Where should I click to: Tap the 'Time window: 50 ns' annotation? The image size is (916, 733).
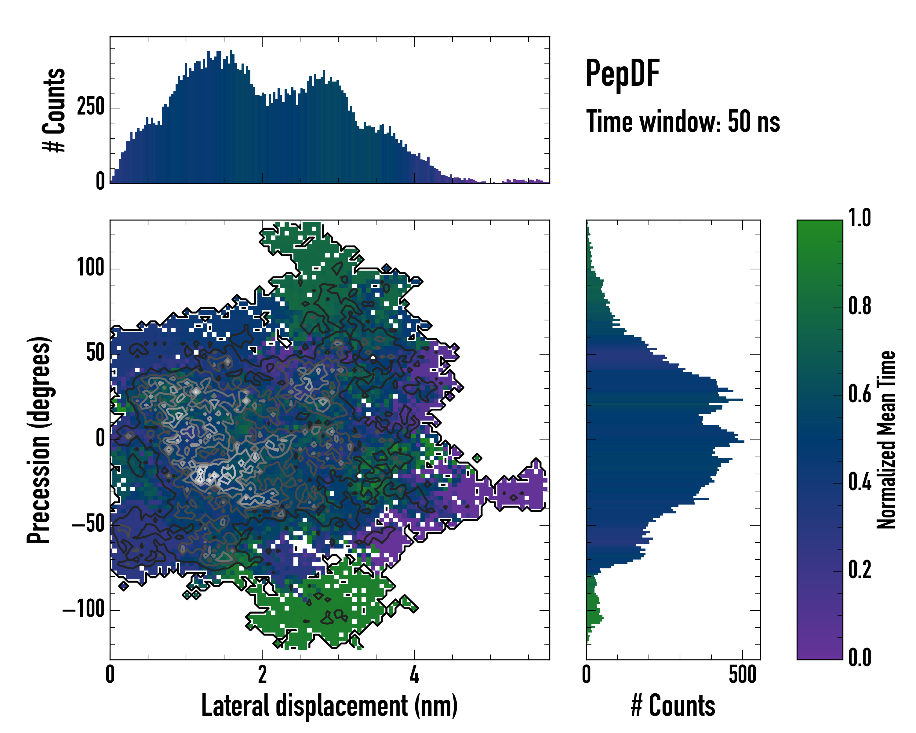[683, 122]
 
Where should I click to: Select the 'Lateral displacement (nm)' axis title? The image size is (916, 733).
[329, 706]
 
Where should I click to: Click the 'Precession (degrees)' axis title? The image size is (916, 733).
[39, 440]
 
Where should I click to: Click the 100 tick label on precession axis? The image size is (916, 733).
[90, 268]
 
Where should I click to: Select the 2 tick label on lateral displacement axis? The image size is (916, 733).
[262, 675]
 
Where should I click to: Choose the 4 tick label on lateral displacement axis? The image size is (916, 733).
[414, 675]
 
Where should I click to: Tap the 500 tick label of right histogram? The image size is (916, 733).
[742, 675]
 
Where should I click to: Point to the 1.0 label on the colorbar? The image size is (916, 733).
[860, 218]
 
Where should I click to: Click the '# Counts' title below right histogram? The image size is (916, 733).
[673, 706]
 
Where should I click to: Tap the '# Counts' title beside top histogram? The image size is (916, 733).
[54, 110]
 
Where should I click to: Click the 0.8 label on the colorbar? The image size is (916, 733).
[860, 306]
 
